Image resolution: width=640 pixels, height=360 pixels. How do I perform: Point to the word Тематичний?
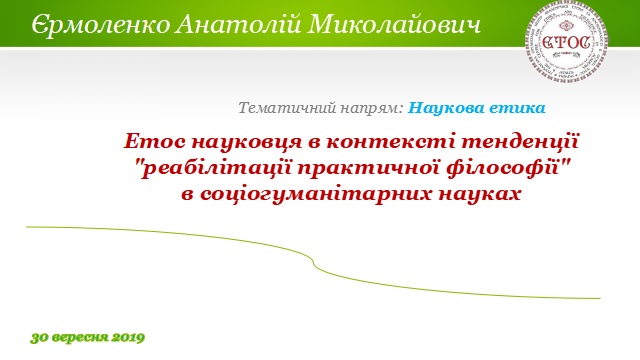282,106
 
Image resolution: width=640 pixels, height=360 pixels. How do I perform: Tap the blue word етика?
515,106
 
